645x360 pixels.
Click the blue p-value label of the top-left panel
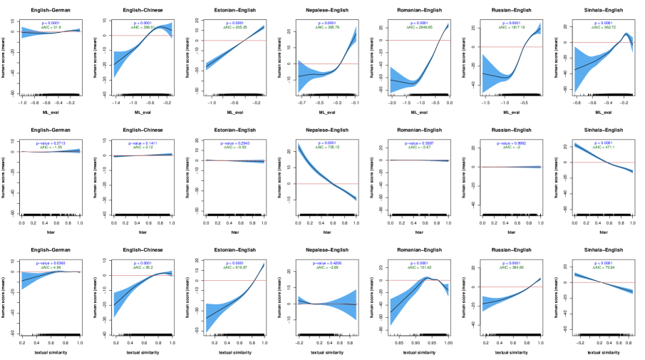click(x=51, y=24)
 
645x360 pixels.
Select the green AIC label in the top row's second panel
click(x=143, y=28)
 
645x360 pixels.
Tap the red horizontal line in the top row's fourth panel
click(x=314, y=64)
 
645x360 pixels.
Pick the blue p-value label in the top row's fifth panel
click(x=419, y=24)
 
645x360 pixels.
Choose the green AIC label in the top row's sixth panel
click(x=512, y=28)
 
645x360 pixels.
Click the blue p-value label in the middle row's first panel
click(x=51, y=143)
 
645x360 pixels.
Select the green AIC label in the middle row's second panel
click(x=143, y=148)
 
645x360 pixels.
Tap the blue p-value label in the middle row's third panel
click(x=234, y=143)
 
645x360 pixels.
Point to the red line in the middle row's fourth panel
click(x=314, y=184)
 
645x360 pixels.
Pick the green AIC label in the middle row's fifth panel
click(x=419, y=148)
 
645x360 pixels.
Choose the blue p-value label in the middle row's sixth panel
click(x=511, y=143)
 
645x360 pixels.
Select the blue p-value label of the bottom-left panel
click(x=51, y=263)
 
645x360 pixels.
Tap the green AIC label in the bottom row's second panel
click(x=143, y=267)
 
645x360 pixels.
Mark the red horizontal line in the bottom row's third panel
click(x=221, y=280)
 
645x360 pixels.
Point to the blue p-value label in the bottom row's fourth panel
click(x=327, y=263)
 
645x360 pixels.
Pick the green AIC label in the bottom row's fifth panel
click(x=419, y=267)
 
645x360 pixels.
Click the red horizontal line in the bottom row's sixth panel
click(x=499, y=287)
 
